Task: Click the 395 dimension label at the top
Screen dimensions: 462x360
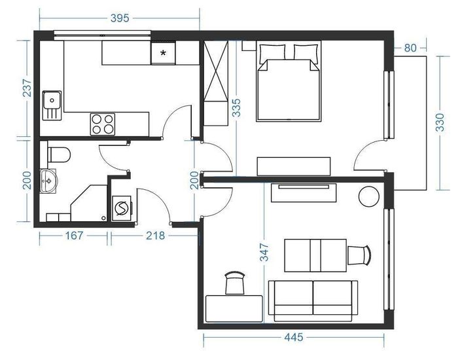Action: [x=120, y=18]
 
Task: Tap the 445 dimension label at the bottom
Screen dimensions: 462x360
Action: [x=293, y=337]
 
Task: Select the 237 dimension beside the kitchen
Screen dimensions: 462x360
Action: [x=27, y=88]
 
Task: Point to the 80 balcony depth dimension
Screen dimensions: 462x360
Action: [x=410, y=48]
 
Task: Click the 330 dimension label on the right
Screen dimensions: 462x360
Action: [x=440, y=122]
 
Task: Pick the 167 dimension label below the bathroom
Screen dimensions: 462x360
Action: [x=74, y=236]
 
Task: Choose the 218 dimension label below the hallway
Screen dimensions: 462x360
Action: [x=155, y=236]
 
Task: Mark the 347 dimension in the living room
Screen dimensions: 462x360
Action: [x=264, y=252]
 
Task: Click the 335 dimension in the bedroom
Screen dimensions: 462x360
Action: [x=236, y=107]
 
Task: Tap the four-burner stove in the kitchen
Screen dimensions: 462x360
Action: [x=103, y=124]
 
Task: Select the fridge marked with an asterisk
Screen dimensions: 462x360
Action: [x=163, y=53]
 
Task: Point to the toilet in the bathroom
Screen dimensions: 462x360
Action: [x=59, y=154]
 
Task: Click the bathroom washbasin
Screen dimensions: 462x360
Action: [x=48, y=181]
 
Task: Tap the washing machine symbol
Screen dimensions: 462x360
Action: [x=122, y=208]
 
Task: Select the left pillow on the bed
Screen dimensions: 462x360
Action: [x=272, y=53]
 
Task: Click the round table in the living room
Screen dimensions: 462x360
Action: [x=369, y=196]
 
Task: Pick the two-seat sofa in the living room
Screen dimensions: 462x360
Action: [x=313, y=301]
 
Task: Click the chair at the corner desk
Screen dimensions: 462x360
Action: [x=235, y=283]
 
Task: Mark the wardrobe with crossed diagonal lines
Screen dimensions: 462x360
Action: [x=216, y=71]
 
